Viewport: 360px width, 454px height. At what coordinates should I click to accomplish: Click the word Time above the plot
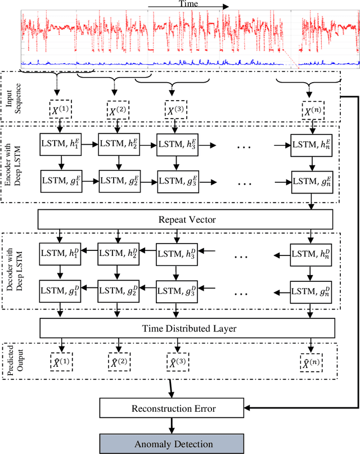(188, 4)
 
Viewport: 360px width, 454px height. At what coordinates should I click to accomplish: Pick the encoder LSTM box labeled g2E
(119, 181)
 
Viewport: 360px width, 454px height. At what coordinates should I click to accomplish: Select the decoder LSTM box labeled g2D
(119, 291)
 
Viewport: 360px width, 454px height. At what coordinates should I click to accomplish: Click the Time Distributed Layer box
(186, 327)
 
